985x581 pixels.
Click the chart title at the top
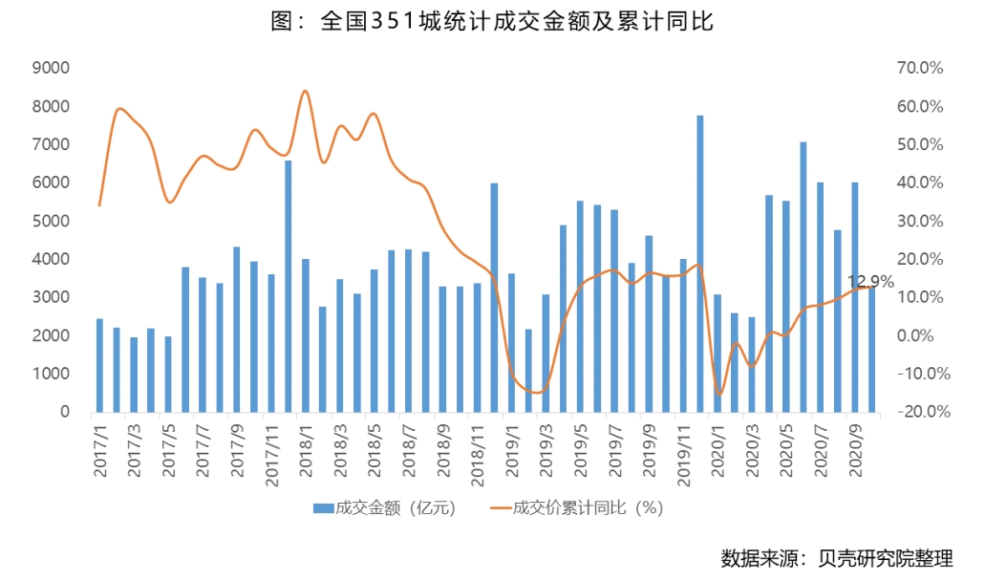(x=492, y=21)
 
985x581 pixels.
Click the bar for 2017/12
(x=289, y=287)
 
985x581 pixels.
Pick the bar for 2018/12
(x=494, y=297)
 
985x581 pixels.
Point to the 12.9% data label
(x=870, y=282)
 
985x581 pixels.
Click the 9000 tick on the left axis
(x=52, y=68)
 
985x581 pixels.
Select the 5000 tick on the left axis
(x=52, y=221)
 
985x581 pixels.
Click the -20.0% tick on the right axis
(x=918, y=412)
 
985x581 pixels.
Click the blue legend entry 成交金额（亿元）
(x=384, y=508)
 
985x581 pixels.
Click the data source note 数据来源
(x=836, y=557)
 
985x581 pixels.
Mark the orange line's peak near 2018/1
(x=305, y=91)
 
